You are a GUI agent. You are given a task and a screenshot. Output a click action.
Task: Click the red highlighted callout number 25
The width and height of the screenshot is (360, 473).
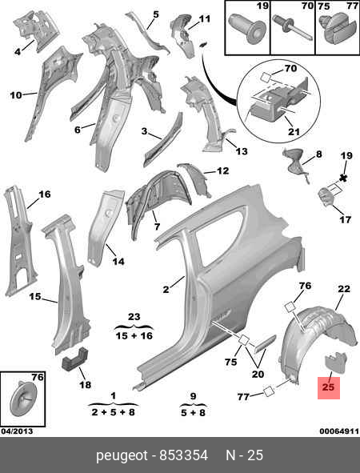tap(328, 387)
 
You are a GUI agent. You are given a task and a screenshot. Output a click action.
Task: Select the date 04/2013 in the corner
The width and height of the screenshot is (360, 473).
tap(17, 431)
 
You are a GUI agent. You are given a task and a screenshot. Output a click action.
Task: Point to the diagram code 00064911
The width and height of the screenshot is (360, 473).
tap(339, 431)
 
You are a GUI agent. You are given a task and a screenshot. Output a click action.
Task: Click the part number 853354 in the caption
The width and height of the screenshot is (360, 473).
tap(183, 455)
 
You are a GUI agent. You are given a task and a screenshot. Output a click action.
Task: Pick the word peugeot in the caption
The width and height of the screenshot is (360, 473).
tap(122, 456)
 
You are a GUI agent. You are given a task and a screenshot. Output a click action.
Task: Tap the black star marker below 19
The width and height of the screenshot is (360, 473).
tap(342, 178)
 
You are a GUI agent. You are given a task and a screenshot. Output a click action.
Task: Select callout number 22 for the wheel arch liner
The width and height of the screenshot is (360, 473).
tap(344, 289)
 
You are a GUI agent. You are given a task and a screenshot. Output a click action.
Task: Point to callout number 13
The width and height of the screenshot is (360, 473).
tap(242, 151)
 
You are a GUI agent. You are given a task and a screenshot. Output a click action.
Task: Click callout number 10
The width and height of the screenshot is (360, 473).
tap(16, 95)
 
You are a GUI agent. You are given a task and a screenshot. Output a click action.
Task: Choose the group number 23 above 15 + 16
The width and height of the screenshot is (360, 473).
tap(134, 317)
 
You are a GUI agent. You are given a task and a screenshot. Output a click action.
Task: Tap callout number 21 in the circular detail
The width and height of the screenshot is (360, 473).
tap(294, 131)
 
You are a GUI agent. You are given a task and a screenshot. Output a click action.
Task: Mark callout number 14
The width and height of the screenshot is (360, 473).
tap(118, 261)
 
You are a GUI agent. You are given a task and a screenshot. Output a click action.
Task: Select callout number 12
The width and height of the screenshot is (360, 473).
tap(223, 170)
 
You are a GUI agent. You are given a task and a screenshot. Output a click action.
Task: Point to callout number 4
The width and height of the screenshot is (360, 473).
tap(18, 52)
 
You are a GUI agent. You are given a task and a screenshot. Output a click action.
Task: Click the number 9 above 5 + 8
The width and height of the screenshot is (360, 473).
tap(193, 396)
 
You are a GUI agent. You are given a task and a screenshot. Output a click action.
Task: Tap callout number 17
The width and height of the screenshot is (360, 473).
tap(346, 219)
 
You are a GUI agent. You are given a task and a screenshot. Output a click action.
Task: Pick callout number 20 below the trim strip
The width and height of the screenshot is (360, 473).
tap(258, 374)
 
